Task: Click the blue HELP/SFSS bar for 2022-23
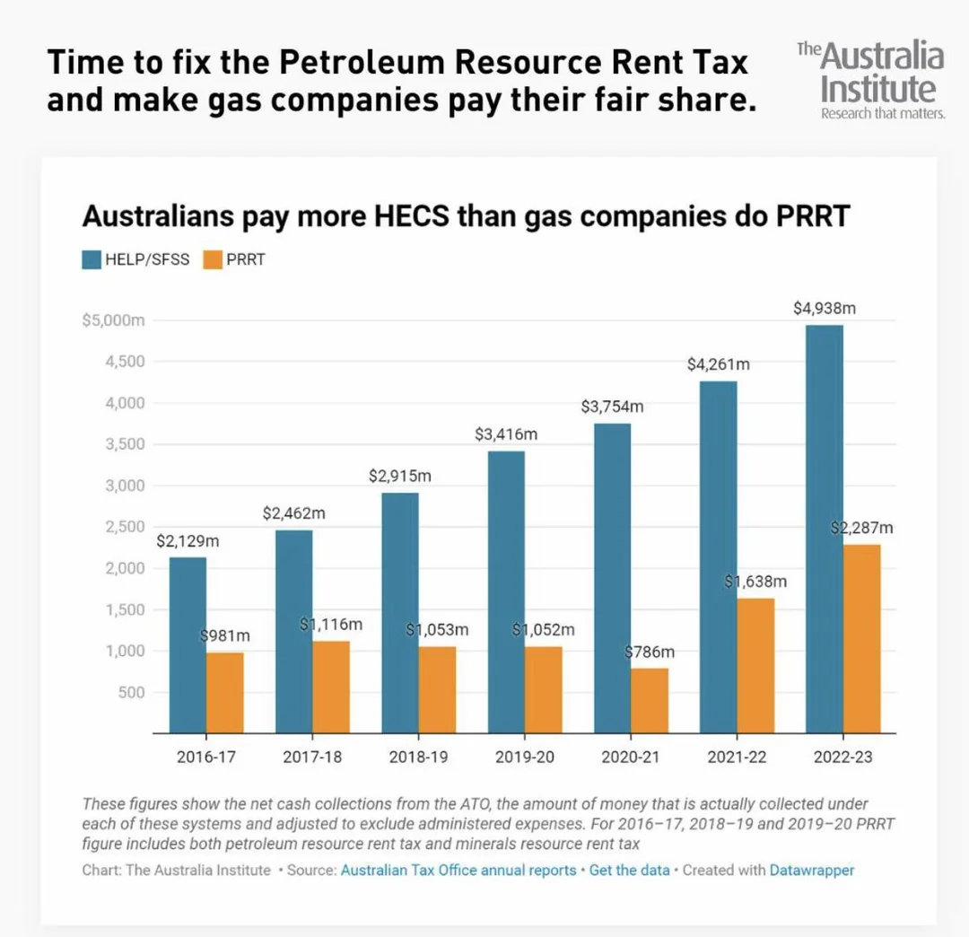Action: (824, 530)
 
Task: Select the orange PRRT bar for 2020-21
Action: (650, 700)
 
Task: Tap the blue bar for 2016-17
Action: (188, 644)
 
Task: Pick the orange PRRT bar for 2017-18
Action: (331, 687)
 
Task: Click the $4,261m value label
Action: (718, 364)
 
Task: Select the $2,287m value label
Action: (861, 528)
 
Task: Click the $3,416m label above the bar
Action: (506, 434)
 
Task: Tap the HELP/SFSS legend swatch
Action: (92, 260)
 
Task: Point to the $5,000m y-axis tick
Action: (113, 321)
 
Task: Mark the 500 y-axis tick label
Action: (130, 692)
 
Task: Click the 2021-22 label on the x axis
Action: (737, 757)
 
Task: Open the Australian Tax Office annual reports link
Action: (458, 870)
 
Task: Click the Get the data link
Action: (629, 870)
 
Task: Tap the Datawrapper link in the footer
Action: (812, 870)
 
